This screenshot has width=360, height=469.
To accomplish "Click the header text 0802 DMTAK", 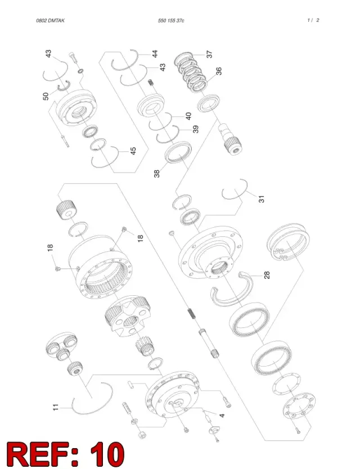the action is pos(50,21).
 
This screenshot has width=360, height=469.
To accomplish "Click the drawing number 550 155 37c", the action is pos(171,21).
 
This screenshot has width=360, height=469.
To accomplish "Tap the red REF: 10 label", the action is pos(66,453).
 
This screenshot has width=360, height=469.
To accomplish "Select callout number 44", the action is pos(155,54).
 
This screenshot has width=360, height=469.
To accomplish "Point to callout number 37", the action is pos(209,54).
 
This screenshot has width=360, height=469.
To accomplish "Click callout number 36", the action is pos(219,71).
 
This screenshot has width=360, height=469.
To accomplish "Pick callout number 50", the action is pos(46,96).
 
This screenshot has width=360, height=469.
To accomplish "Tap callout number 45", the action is pos(133,151).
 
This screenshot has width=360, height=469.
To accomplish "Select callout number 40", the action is pos(188,116).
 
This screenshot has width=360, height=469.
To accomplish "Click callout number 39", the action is pos(195,129).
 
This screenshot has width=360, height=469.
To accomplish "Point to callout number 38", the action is pos(157,174).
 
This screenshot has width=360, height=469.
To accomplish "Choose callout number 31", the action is pos(262,199).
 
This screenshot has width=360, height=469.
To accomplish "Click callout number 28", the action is pos(267,275).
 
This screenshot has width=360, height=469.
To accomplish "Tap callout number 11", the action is pos(56,407).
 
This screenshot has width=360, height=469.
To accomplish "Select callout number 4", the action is pos(222,416).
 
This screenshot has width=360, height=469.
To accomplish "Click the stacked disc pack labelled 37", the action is pos(191,72).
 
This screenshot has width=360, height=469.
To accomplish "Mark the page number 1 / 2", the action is pos(313,20).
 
